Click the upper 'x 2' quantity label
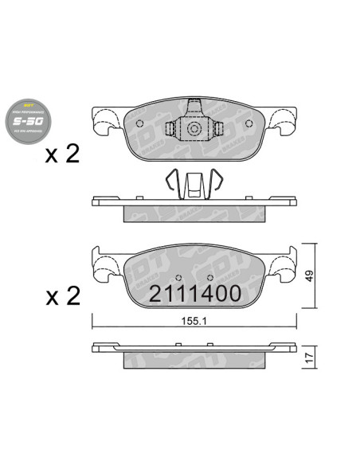coord(63,154)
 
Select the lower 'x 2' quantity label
coord(63,296)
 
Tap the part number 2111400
coord(195,293)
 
